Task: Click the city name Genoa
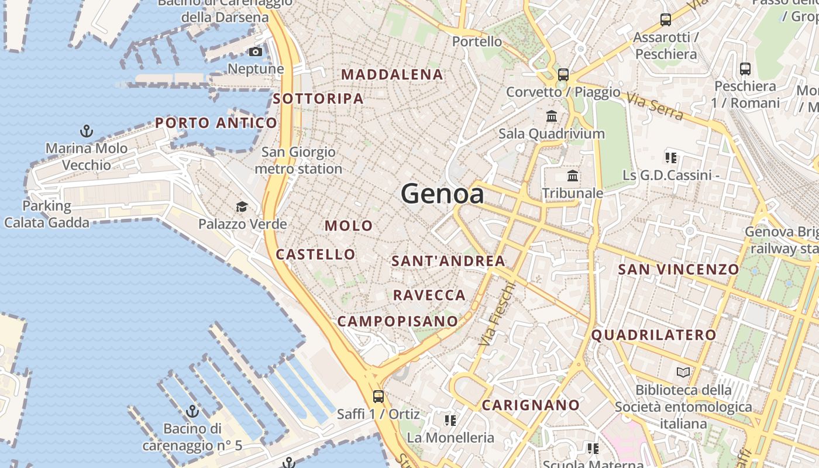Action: point(443,194)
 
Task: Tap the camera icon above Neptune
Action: point(256,52)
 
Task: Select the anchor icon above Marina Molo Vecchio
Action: point(87,131)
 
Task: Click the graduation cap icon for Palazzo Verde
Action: point(242,207)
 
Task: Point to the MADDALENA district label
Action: point(393,75)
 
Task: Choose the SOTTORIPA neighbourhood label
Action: point(318,99)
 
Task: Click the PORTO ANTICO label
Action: point(216,123)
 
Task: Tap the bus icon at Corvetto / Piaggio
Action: point(563,75)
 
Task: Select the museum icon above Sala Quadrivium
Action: point(552,116)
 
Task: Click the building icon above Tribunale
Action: point(573,175)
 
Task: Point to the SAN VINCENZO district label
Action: point(679,270)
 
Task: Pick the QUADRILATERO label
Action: point(653,335)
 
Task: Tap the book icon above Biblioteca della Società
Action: point(683,372)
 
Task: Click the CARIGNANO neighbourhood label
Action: point(531,405)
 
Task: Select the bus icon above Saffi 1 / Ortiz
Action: point(378,397)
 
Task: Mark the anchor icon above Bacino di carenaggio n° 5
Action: point(192,411)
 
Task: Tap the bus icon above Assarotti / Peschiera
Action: point(666,20)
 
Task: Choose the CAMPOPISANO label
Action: point(398,321)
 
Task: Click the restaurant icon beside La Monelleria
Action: point(450,420)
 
